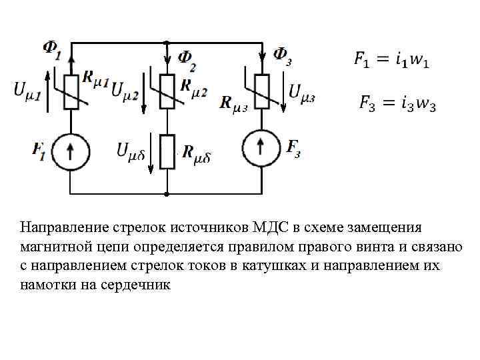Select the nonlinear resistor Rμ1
coord(71,91)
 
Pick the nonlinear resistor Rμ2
coord(167,91)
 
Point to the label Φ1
coord(51,49)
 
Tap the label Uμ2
coord(126,90)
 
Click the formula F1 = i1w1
coord(391,60)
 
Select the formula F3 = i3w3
coord(397,103)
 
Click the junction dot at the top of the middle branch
coord(167,41)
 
